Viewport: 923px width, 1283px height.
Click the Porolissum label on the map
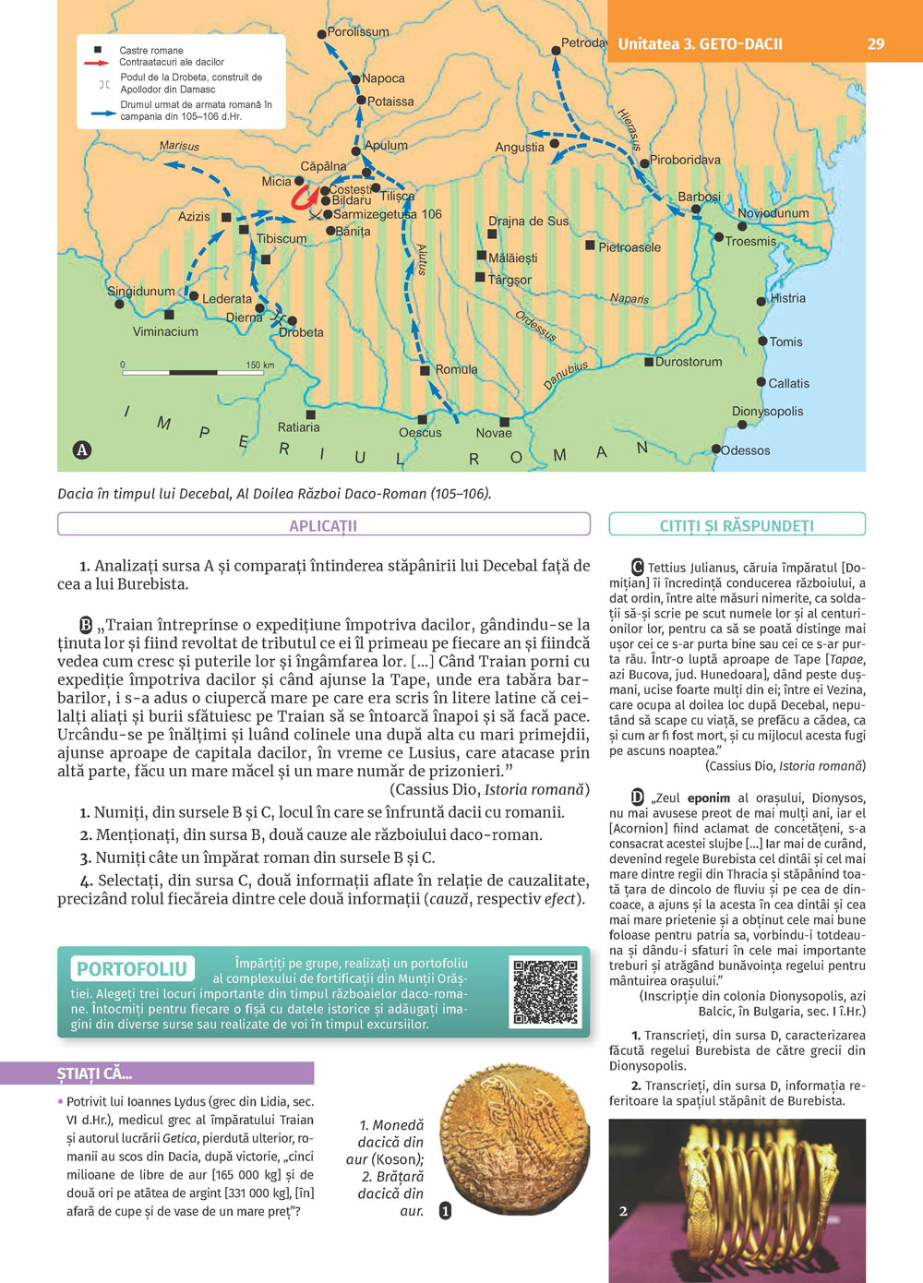[358, 31]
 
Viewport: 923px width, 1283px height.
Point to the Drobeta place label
[301, 332]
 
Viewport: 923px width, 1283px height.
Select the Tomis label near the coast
[785, 342]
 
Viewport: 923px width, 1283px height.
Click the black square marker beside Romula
[425, 370]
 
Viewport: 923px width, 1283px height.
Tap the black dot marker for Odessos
[715, 450]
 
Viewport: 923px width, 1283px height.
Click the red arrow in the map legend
[97, 63]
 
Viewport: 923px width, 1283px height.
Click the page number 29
[876, 43]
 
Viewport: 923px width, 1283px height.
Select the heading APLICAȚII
[323, 525]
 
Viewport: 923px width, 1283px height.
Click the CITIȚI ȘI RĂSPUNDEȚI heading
[737, 525]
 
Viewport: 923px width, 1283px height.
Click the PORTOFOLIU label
[132, 968]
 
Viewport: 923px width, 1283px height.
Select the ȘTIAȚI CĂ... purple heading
[95, 1073]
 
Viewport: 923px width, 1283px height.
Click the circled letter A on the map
[82, 450]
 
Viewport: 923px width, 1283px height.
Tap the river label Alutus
[422, 259]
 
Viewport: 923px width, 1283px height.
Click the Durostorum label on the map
[689, 362]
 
